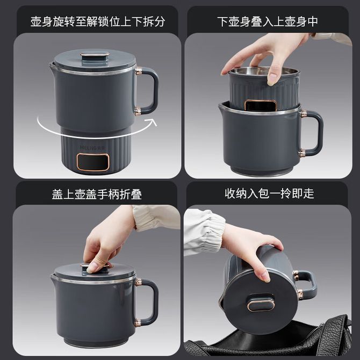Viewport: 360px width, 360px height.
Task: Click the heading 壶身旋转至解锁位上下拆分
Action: click(x=98, y=21)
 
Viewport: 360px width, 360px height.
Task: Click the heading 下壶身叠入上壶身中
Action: click(x=268, y=21)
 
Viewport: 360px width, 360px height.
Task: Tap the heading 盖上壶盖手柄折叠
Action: click(x=97, y=195)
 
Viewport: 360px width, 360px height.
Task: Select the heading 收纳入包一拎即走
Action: click(x=269, y=193)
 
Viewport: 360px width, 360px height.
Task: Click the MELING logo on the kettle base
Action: click(x=92, y=148)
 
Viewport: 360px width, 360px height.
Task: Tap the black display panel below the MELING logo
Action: click(x=93, y=162)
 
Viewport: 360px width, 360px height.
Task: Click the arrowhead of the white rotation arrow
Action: click(x=153, y=122)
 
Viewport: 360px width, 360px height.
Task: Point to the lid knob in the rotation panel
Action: click(x=95, y=55)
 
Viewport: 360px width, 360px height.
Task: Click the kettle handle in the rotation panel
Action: click(x=147, y=91)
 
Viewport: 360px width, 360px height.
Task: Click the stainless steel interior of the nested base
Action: click(x=264, y=70)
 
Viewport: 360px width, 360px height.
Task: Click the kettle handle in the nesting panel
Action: click(x=312, y=133)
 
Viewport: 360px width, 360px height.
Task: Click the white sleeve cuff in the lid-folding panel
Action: click(x=157, y=218)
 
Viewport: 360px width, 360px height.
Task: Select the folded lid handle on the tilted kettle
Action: click(x=261, y=303)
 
